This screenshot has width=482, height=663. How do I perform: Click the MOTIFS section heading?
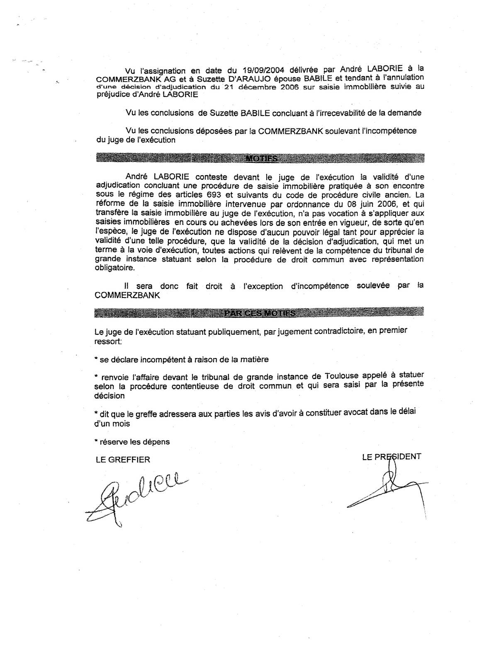(261, 158)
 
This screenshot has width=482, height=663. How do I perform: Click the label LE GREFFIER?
(122, 459)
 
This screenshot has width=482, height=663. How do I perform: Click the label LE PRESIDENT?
(391, 457)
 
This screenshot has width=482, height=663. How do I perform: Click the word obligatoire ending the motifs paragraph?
(115, 268)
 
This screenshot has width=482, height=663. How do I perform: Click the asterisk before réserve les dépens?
(96, 442)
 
